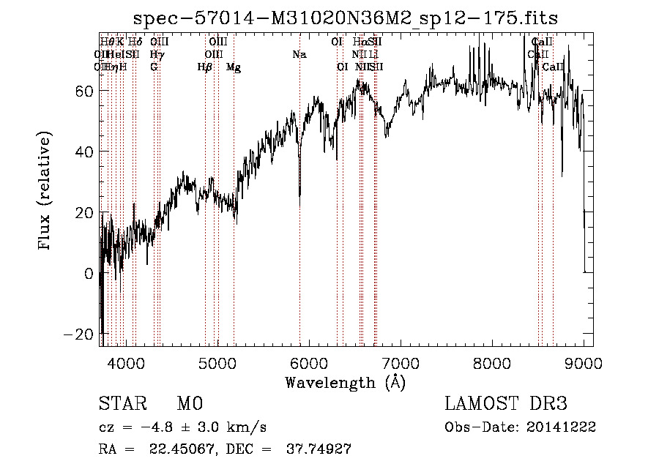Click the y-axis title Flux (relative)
point(45,190)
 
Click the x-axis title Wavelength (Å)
point(345,382)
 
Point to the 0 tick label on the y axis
point(89,274)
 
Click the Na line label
point(299,55)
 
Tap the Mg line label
point(234,67)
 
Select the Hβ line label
point(205,67)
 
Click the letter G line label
point(154,67)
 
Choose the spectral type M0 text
point(189,404)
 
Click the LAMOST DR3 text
point(505,404)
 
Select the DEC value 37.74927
point(316,449)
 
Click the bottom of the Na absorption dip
point(299,196)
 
